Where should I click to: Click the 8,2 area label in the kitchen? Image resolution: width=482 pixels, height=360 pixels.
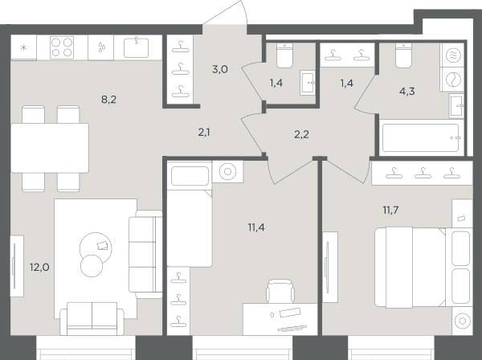[108, 100]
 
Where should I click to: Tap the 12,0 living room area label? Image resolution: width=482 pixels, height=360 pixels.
[39, 267]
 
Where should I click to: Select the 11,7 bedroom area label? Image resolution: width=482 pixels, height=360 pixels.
[390, 210]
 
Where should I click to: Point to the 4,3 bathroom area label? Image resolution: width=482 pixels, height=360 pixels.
[407, 92]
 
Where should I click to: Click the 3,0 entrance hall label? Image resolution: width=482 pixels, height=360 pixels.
[220, 69]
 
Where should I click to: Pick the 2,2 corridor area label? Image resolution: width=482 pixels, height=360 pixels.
[301, 134]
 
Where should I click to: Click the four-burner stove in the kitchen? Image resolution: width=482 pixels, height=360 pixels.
[62, 47]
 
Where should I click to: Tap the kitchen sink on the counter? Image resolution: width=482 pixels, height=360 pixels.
[137, 47]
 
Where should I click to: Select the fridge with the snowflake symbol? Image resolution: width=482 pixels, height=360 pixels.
[23, 47]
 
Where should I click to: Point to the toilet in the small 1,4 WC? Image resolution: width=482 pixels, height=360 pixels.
[284, 55]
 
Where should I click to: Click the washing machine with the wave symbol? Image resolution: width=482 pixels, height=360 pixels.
[453, 55]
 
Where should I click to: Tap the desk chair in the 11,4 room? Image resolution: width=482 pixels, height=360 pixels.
[280, 291]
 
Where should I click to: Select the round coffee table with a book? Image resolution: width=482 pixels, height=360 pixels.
[96, 247]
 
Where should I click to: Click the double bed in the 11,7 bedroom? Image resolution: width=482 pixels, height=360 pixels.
[423, 268]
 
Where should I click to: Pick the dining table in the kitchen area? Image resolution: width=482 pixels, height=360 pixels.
[50, 148]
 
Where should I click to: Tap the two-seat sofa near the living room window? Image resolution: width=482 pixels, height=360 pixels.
[92, 318]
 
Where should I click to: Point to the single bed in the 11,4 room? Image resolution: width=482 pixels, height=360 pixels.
[190, 214]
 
